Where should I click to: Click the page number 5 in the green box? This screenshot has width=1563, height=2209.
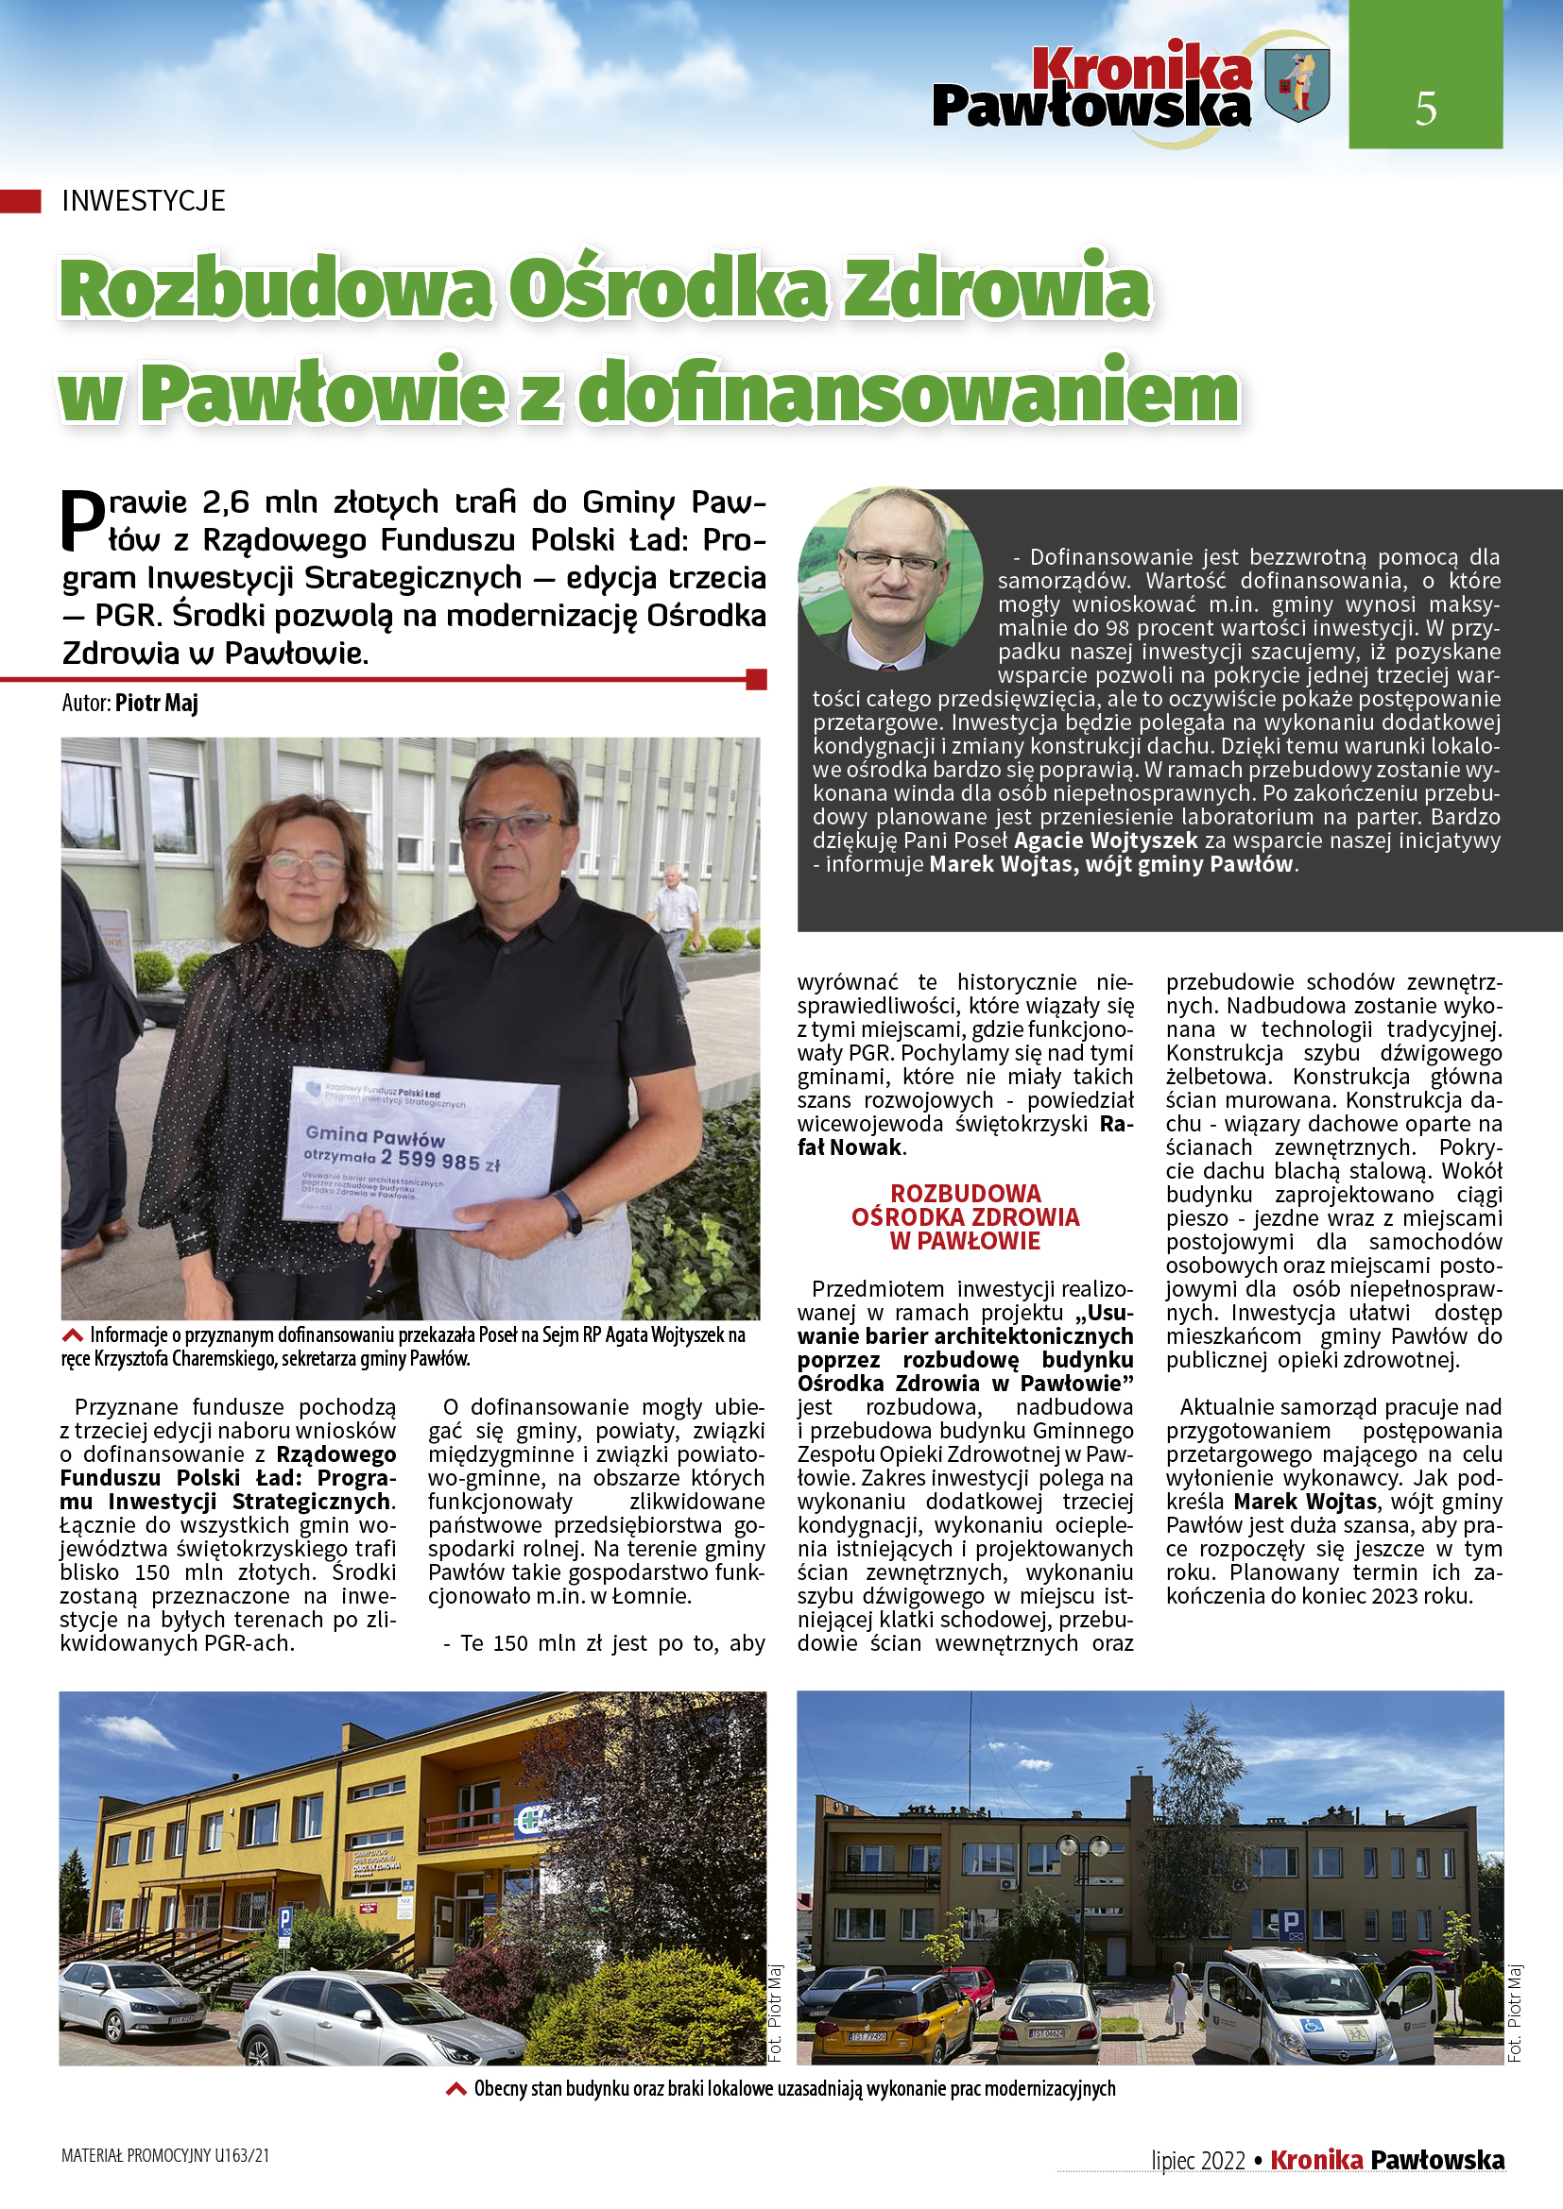pos(1425,108)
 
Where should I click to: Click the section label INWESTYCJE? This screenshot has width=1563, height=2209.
pos(144,201)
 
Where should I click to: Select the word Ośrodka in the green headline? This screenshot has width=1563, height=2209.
pos(667,289)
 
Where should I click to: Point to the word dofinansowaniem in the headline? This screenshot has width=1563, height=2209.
pos(908,392)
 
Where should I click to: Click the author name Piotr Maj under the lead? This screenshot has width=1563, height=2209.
pos(157,704)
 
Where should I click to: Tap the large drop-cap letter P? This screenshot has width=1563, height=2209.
pos(83,521)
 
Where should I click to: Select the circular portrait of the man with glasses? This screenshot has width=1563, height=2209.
pos(890,578)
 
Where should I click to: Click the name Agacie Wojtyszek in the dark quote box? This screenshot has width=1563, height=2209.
pos(1106,841)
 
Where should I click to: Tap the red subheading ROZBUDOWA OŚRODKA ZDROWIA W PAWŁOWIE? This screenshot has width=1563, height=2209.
pos(965,1217)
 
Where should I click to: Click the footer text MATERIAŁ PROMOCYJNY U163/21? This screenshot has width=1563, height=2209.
pos(165,2156)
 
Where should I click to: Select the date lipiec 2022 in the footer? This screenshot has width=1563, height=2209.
pos(1197,2161)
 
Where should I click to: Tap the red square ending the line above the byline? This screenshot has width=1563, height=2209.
pos(757,679)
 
